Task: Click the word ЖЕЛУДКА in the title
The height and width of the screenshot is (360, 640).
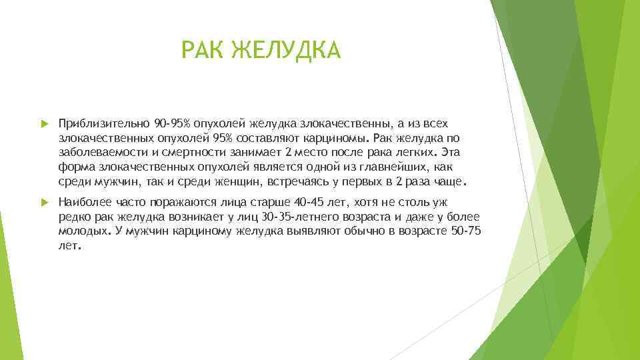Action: pos(287,50)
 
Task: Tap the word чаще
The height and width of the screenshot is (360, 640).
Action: pos(449,182)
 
